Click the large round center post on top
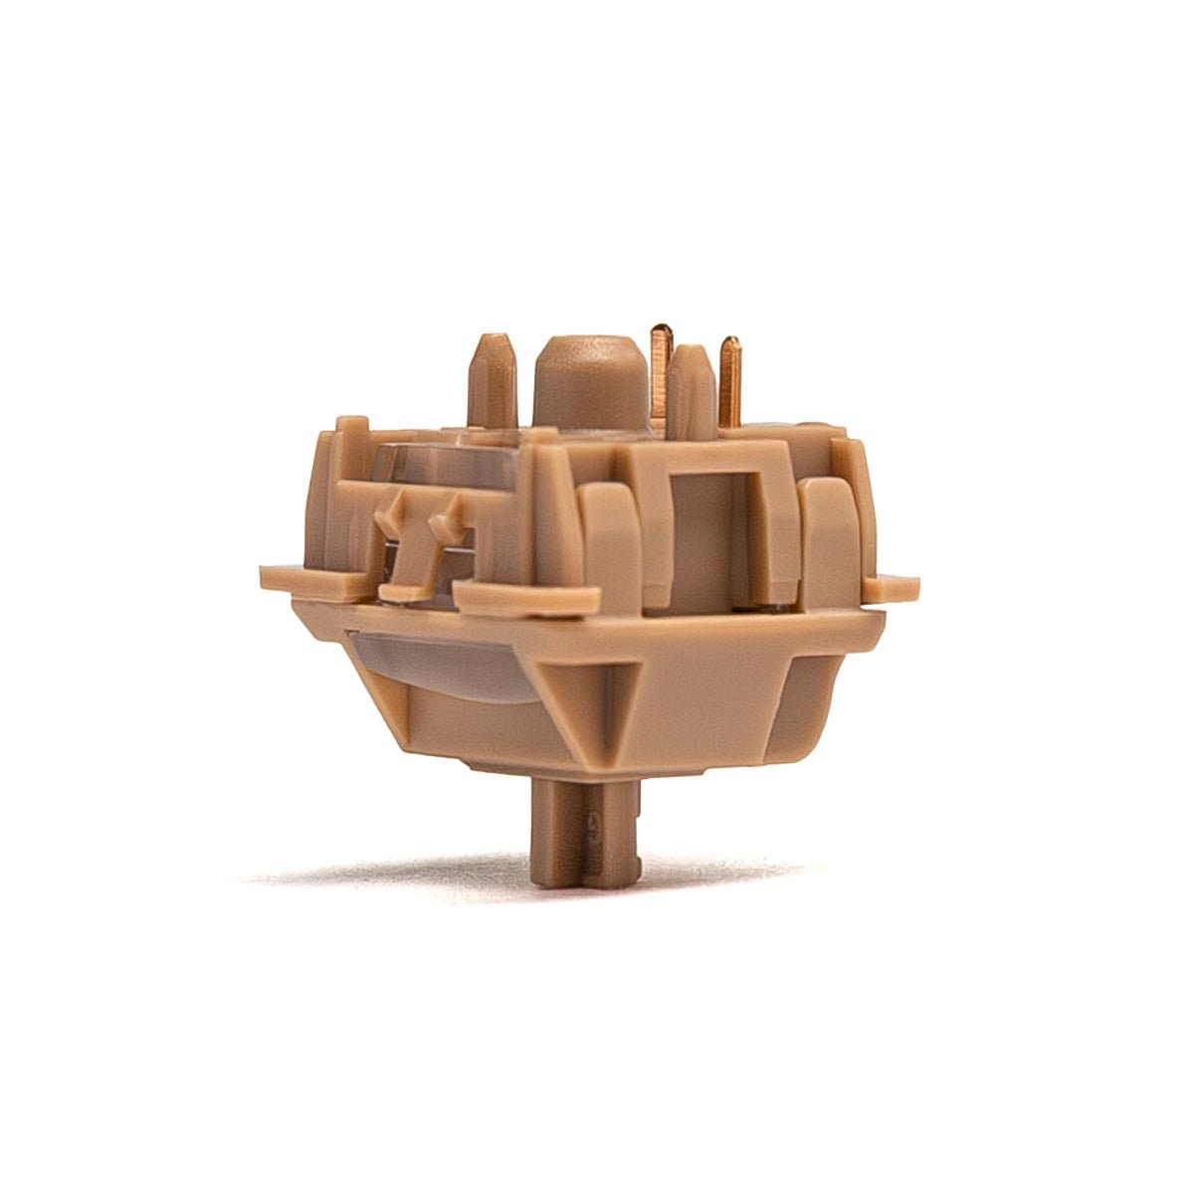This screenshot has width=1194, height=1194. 584,383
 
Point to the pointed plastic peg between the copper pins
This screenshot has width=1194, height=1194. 694,388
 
